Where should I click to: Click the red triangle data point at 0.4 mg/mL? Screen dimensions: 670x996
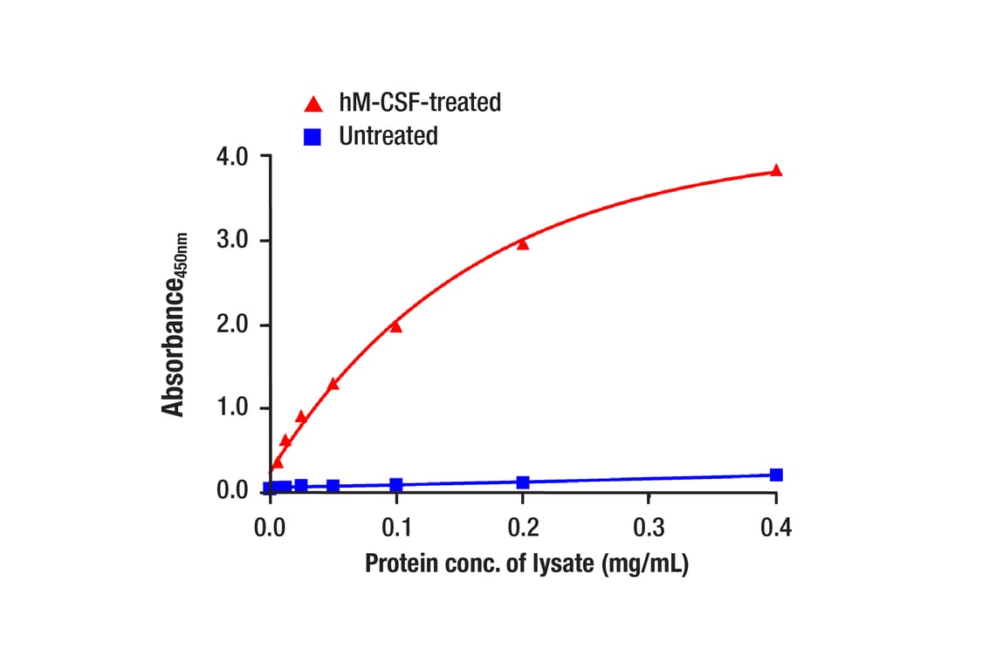click(x=776, y=171)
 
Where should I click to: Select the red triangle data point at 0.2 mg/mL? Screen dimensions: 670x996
click(x=523, y=243)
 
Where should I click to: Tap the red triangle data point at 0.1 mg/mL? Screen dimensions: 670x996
click(x=395, y=326)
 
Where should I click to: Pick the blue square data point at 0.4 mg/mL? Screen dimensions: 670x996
click(x=776, y=475)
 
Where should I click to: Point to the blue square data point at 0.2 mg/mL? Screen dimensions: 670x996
click(x=523, y=482)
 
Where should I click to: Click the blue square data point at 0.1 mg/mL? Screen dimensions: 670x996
click(x=396, y=485)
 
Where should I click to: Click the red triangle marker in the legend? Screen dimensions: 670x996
click(x=313, y=104)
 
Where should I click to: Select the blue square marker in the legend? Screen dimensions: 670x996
click(x=313, y=137)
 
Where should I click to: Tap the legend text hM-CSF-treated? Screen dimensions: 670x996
click(x=420, y=103)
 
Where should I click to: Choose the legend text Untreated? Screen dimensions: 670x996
click(x=388, y=136)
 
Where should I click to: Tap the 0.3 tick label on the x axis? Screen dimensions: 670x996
click(x=649, y=529)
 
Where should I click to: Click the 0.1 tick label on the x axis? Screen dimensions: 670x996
click(x=396, y=529)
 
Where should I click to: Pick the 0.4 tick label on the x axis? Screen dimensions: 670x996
click(x=776, y=529)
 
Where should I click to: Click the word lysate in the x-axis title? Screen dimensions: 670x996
click(x=560, y=564)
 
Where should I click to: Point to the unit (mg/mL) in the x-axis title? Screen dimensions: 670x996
click(x=646, y=564)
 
